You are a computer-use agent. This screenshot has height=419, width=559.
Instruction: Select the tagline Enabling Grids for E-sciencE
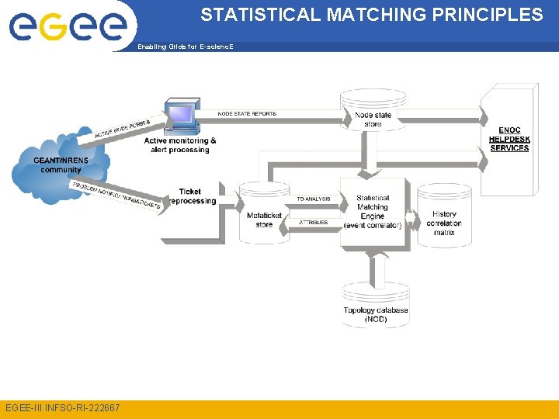tap(185, 47)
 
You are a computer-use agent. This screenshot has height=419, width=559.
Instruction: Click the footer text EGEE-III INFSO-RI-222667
tap(62, 407)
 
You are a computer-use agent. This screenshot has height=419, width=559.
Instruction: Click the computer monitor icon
tap(181, 116)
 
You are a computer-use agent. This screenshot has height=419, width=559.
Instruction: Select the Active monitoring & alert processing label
tap(180, 145)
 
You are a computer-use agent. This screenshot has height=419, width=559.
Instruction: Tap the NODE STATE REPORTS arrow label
tap(247, 114)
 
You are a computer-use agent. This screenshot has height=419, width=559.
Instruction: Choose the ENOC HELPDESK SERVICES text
tap(509, 139)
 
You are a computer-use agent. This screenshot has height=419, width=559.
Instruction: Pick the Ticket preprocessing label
tap(190, 196)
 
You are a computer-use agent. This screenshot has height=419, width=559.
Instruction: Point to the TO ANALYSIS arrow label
tap(314, 199)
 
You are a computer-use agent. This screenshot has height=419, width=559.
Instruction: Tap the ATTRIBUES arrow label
tap(314, 223)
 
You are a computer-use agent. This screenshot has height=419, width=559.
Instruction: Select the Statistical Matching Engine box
tap(373, 212)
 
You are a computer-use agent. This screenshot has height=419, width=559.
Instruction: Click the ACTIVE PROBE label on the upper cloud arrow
tap(123, 127)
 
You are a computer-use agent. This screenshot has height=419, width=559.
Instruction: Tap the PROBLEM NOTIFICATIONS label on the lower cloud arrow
tap(116, 196)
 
